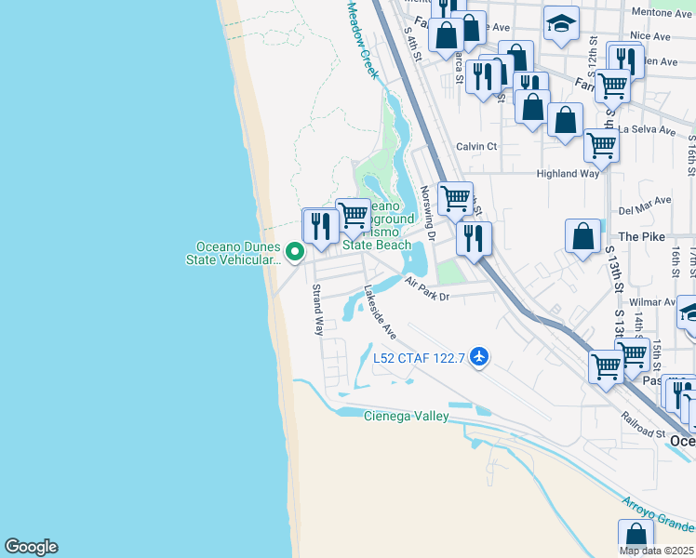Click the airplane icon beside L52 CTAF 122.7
479,357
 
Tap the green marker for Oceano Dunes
295,251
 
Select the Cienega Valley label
406,416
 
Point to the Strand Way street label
317,311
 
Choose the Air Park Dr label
427,290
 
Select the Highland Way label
568,174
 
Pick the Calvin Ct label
475,146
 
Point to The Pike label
642,237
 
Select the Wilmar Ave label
651,302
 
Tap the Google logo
31,547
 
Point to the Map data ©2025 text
657,551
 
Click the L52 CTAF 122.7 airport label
420,358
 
